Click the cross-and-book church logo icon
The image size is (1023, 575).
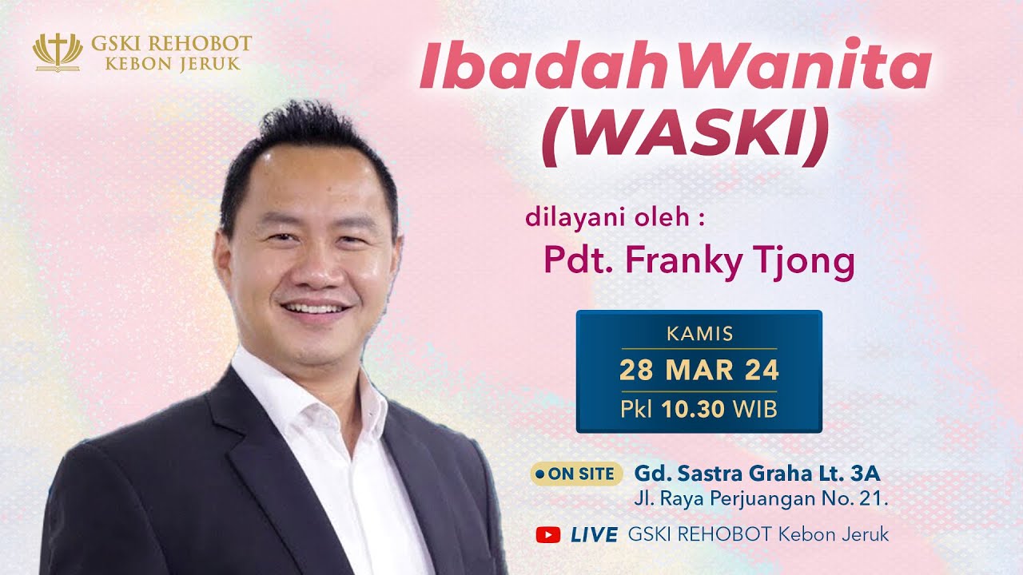(x=58, y=52)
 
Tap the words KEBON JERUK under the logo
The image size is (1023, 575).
(x=172, y=63)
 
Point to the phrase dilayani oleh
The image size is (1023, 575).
(x=615, y=217)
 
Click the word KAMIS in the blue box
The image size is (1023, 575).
(x=699, y=334)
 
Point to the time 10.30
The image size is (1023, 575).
(x=692, y=409)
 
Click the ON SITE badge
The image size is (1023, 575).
(x=576, y=474)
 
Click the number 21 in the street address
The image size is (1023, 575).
(x=874, y=501)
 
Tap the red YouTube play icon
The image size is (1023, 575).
(x=548, y=534)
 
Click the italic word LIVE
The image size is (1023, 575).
(x=594, y=534)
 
